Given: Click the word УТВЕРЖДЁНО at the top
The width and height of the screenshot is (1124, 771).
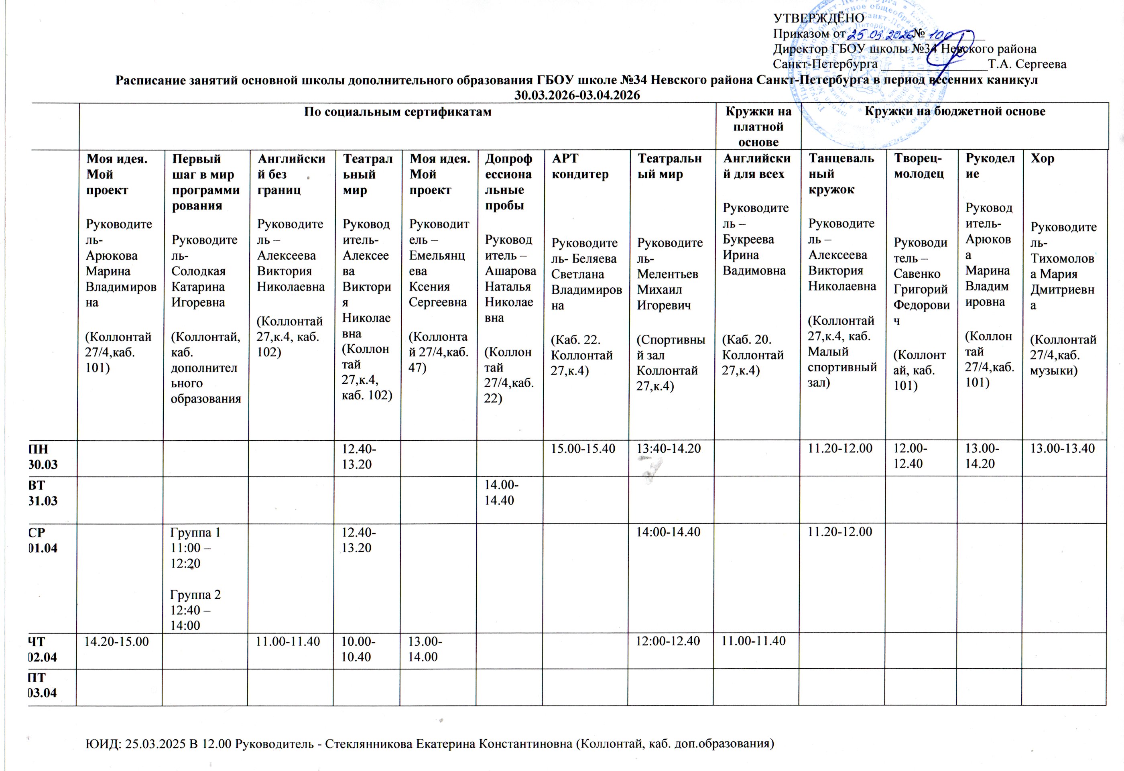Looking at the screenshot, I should pyautogui.click(x=818, y=18).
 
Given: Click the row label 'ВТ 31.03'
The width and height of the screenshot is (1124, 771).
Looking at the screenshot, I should pyautogui.click(x=43, y=492).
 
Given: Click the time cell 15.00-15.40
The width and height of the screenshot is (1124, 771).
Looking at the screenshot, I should pyautogui.click(x=583, y=448).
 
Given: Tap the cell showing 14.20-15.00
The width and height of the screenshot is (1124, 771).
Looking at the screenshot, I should pyautogui.click(x=116, y=641).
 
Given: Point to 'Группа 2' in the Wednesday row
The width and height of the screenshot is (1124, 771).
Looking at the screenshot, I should pyautogui.click(x=195, y=594).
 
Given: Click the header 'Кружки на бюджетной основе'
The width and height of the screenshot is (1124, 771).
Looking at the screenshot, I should pyautogui.click(x=955, y=111).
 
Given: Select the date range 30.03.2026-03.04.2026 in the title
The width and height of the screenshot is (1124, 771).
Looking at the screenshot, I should pyautogui.click(x=577, y=95).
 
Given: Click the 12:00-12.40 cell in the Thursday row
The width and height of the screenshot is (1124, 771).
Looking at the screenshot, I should pyautogui.click(x=667, y=641).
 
